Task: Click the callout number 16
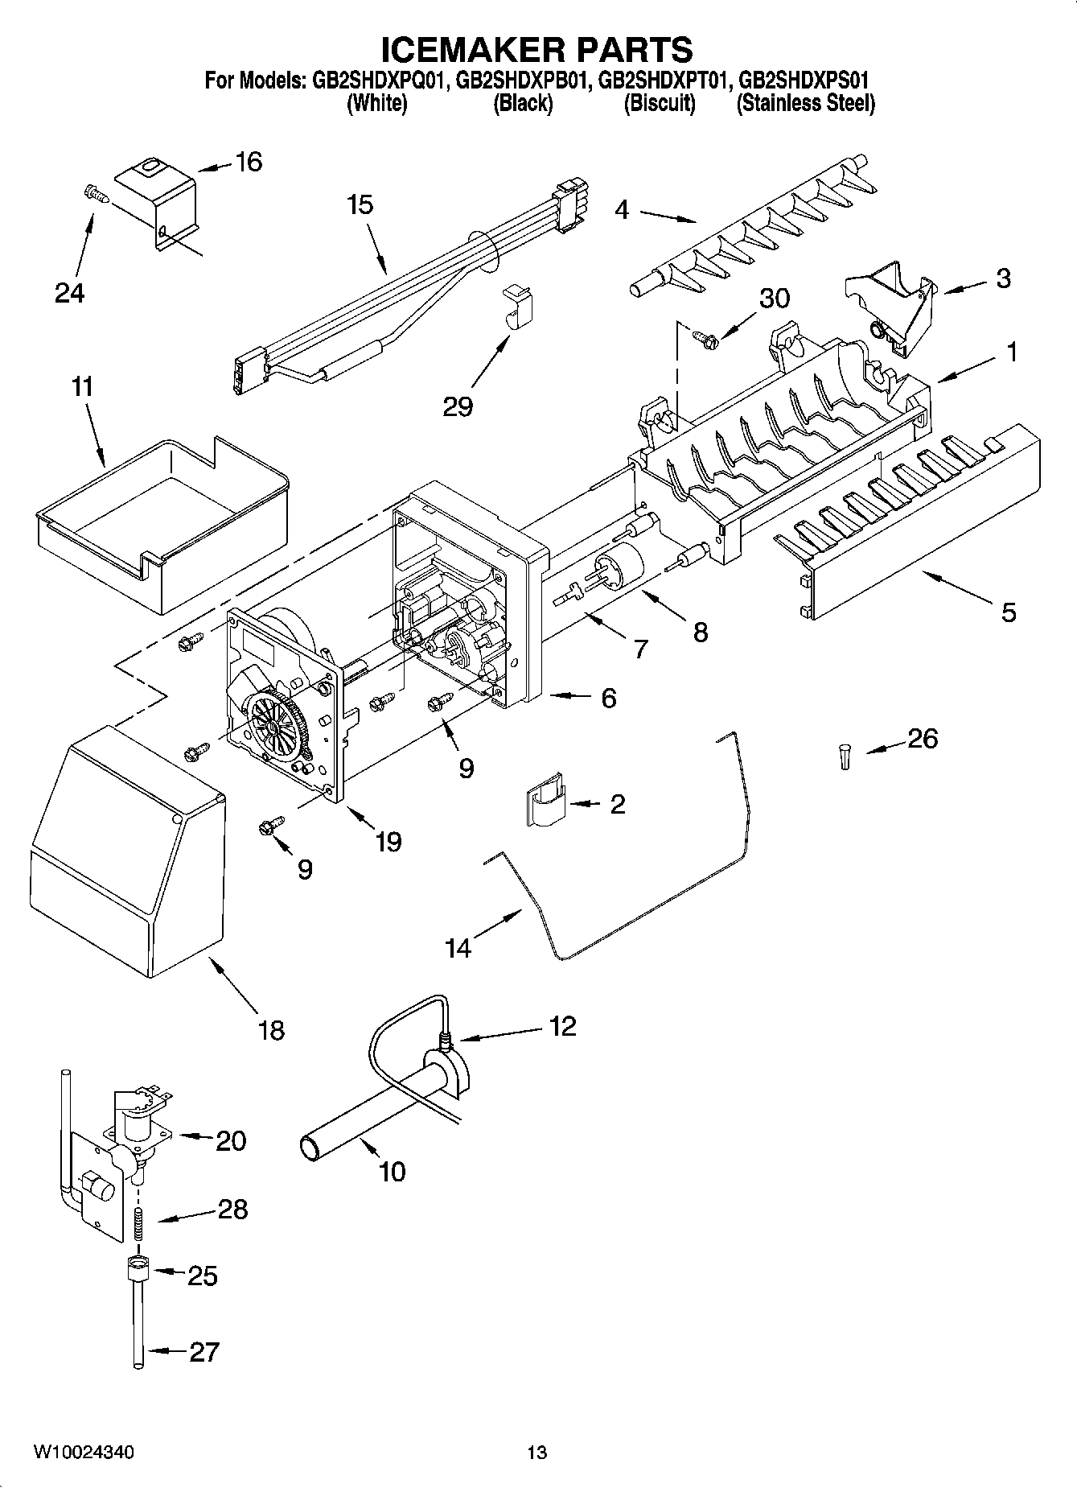pyautogui.click(x=249, y=163)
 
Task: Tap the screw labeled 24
pyautogui.click(x=94, y=192)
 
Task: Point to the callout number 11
pyautogui.click(x=82, y=387)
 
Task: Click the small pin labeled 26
pyautogui.click(x=844, y=756)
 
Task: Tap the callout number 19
pyautogui.click(x=388, y=842)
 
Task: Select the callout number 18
pyautogui.click(x=272, y=1029)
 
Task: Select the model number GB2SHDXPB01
pyautogui.click(x=525, y=80)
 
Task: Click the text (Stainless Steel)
pyautogui.click(x=805, y=104)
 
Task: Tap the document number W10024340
pyautogui.click(x=84, y=1452)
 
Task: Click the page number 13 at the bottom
pyautogui.click(x=536, y=1453)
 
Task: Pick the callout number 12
pyautogui.click(x=562, y=1026)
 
